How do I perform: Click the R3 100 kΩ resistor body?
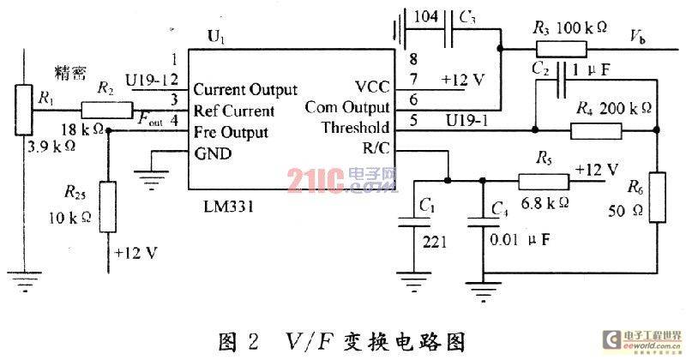point(562,49)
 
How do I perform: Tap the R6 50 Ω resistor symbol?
point(657,197)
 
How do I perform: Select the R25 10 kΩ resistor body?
point(108,207)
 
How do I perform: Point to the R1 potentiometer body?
point(24,110)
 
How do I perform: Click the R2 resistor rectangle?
point(106,110)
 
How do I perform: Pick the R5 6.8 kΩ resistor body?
point(544,181)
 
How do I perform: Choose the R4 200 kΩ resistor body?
point(596,131)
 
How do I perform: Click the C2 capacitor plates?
point(561,80)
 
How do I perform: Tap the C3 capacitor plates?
point(448,29)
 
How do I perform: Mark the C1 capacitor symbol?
point(414,222)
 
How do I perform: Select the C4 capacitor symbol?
point(484,222)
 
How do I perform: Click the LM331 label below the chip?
point(228,206)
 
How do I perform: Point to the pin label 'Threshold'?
point(355,128)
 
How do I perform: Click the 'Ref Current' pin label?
point(234,111)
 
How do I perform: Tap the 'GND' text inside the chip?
point(213,153)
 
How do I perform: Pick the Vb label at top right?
point(637,37)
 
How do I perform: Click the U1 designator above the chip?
point(216,37)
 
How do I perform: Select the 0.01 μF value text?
point(520,239)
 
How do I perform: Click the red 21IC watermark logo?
point(315,180)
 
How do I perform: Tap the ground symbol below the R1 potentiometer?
point(25,281)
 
